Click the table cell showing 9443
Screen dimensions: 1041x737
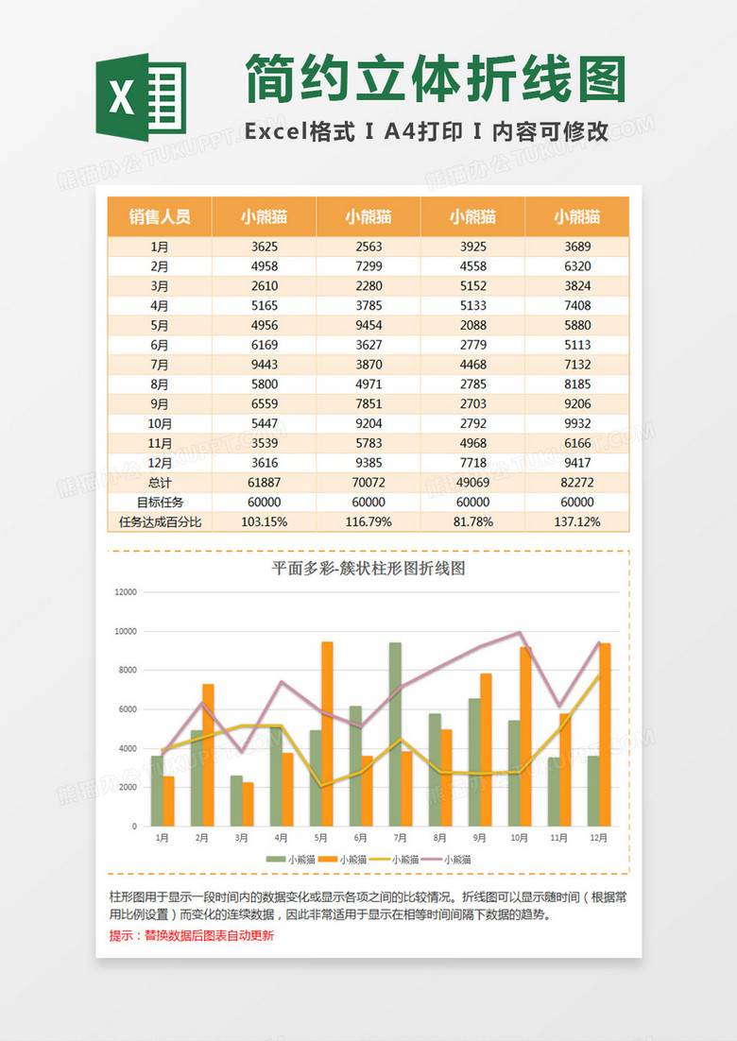tap(265, 365)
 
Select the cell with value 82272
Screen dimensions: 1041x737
tap(576, 483)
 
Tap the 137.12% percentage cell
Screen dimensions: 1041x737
tap(576, 521)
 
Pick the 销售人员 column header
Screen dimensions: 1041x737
tap(160, 216)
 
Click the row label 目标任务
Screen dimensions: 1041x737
tap(160, 503)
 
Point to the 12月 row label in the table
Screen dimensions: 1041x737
tap(160, 463)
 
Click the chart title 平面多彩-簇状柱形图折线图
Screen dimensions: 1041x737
tap(368, 569)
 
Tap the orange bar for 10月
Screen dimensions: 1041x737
tap(525, 737)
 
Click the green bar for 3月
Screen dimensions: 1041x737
tap(236, 801)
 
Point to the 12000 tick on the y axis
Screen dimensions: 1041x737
tap(126, 592)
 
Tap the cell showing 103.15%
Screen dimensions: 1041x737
tap(265, 521)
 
